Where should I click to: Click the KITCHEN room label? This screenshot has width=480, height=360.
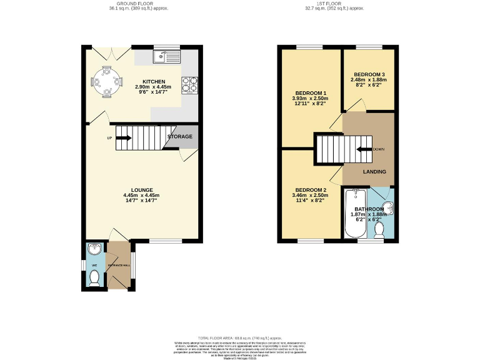click(154, 82)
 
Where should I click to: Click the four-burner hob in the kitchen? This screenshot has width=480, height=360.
click(189, 84)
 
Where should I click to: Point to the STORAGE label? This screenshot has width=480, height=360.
click(179, 136)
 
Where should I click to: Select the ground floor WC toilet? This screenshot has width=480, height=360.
click(94, 279)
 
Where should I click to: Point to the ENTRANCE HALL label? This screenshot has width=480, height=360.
click(118, 266)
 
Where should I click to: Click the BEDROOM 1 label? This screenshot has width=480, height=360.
click(311, 93)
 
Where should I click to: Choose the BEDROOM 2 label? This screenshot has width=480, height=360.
click(311, 190)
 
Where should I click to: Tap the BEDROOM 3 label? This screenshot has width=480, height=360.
click(369, 73)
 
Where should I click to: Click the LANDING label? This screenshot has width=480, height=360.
click(374, 172)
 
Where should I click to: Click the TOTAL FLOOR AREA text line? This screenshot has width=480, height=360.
click(239, 337)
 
